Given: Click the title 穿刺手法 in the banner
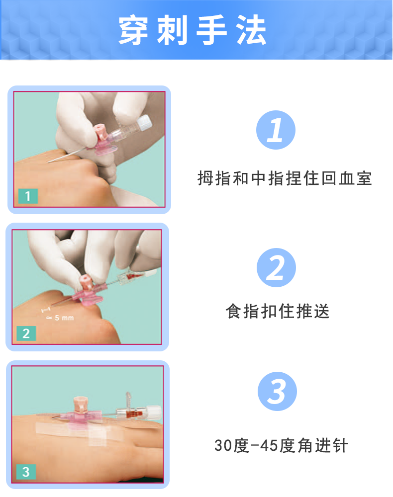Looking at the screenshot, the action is (x=193, y=30).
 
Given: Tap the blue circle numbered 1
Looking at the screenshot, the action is (x=276, y=130).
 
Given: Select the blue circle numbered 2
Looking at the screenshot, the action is (x=276, y=267).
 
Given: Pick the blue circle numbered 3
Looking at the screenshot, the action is (x=277, y=392).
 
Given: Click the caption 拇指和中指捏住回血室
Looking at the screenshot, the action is (x=285, y=178).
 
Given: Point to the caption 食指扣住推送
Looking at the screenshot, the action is (x=278, y=311).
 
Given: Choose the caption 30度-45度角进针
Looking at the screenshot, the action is (x=281, y=445).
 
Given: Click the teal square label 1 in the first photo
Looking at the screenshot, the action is (x=28, y=196).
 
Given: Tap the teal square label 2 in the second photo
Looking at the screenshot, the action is (x=26, y=333).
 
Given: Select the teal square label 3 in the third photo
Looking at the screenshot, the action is (x=26, y=472).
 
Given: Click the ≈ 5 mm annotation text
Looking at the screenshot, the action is (x=60, y=318).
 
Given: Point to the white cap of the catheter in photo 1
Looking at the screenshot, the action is (x=144, y=123).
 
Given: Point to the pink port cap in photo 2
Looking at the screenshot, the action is (x=85, y=282).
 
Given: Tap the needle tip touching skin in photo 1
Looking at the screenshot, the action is (x=49, y=162).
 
